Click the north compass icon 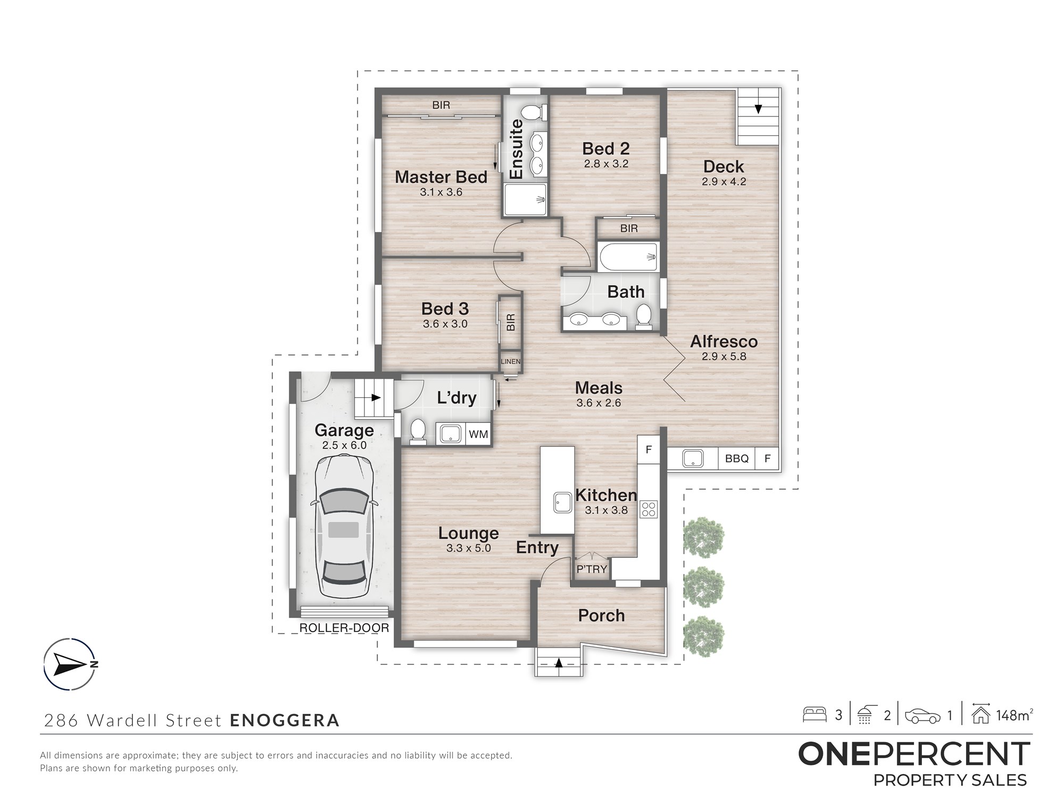(x=70, y=664)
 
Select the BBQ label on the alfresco (x=737, y=459)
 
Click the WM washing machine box (x=478, y=434)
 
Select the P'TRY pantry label (x=592, y=569)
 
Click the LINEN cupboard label (x=511, y=362)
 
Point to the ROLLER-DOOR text (x=344, y=628)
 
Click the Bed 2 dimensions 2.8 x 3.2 (x=606, y=164)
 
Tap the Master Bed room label (x=441, y=177)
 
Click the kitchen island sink (x=563, y=502)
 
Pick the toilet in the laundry (x=418, y=431)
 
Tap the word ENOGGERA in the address (x=285, y=720)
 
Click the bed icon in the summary (x=814, y=714)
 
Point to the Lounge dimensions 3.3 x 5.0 (x=468, y=548)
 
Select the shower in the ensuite (x=526, y=199)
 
